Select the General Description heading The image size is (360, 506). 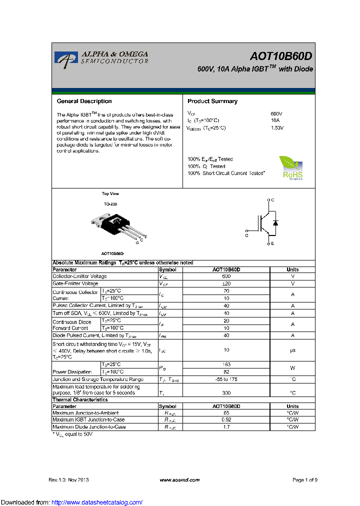click(84, 101)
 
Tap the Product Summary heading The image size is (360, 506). click(212, 101)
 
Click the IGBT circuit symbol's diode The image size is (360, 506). click(275, 222)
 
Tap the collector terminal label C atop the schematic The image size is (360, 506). click(272, 200)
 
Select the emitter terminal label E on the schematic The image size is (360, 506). click(272, 243)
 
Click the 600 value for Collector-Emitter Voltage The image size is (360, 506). click(226, 276)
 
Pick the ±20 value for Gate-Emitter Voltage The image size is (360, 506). click(226, 283)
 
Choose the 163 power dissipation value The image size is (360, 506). click(226, 364)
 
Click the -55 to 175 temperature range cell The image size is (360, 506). click(226, 379)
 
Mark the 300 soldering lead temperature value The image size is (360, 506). click(226, 393)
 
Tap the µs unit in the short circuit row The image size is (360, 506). click(292, 350)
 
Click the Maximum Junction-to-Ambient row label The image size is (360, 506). click(85, 413)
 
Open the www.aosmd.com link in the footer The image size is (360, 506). click(179, 480)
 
